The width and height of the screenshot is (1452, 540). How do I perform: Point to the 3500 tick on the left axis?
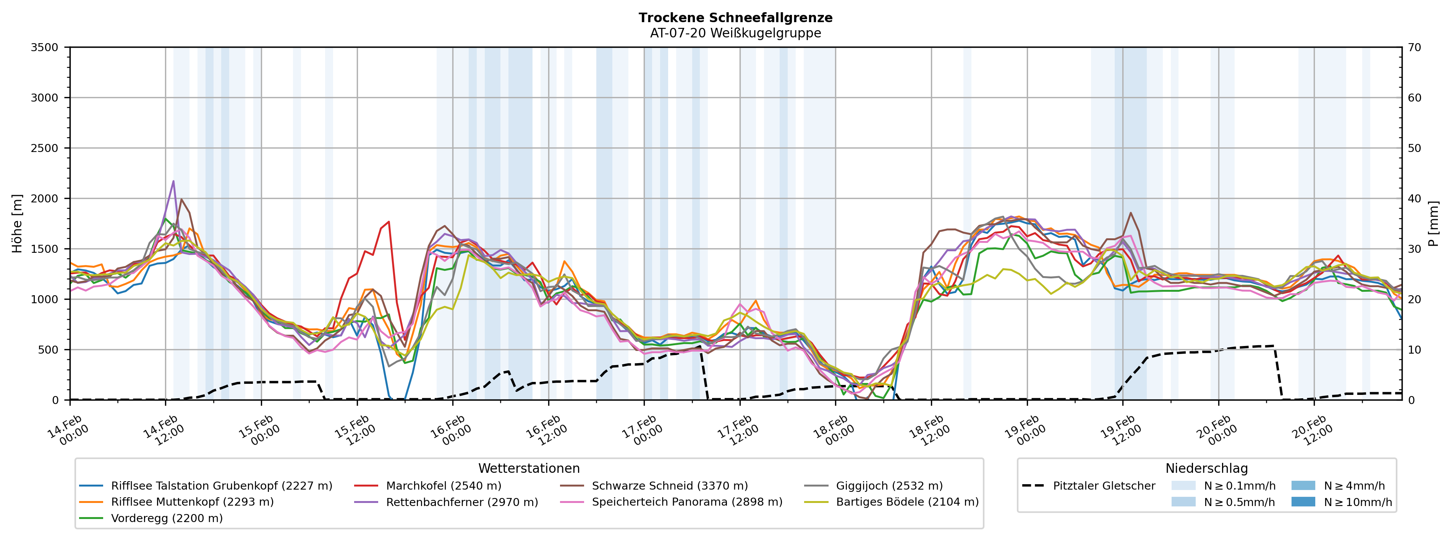coord(45,47)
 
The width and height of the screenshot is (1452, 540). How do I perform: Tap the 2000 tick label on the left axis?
coord(45,199)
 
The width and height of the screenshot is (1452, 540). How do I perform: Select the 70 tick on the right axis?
coord(1415,47)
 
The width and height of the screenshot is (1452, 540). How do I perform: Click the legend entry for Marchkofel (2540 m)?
coord(443,485)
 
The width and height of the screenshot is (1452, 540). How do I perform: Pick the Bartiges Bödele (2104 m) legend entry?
coord(907,502)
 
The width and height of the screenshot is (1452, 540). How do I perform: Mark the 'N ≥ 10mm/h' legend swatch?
coord(1303,502)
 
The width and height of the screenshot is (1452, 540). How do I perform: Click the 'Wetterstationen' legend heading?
coord(529,469)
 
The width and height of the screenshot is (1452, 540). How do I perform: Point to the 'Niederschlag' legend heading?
coord(1206,469)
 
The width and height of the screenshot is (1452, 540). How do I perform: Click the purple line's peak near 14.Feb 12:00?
coord(173,181)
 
